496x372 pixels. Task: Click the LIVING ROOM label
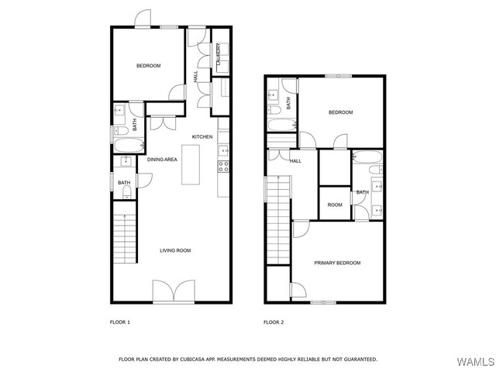click(x=175, y=250)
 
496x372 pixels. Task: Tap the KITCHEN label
click(x=202, y=136)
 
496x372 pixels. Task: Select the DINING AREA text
click(x=162, y=160)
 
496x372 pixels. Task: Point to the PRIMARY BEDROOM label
click(x=337, y=263)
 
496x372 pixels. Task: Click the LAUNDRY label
click(x=219, y=54)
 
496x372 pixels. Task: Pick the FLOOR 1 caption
click(x=120, y=322)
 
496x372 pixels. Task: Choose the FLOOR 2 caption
click(x=274, y=322)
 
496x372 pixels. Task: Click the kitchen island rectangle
click(x=191, y=164)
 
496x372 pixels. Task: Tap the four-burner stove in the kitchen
click(x=223, y=167)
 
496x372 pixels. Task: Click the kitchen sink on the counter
click(x=224, y=150)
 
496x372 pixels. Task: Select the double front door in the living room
click(x=174, y=291)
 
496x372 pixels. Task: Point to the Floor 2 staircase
click(x=279, y=220)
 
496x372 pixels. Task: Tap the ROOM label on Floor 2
click(x=335, y=205)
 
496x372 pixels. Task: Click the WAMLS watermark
click(x=475, y=362)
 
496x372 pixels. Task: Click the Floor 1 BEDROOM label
click(x=148, y=66)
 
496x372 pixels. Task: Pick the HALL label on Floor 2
click(x=295, y=161)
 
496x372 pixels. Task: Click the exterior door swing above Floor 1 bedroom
click(x=143, y=19)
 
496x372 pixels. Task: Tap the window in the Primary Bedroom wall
click(x=323, y=303)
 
